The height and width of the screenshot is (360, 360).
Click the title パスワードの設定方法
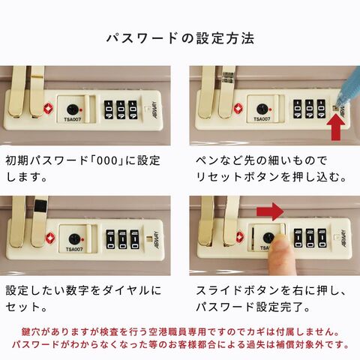coord(180,38)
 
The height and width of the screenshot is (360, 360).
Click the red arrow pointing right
coord(270,211)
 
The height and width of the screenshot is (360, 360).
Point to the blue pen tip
coord(337,105)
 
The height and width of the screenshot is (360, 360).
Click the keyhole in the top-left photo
coord(73,109)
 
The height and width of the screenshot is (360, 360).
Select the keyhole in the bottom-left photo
coord(74,239)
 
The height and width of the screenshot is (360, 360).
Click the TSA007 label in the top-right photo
coord(262,119)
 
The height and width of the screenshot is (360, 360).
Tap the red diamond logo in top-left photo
coord(49,109)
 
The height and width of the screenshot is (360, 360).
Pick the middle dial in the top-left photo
coord(121,109)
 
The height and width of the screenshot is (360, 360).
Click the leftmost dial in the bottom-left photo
coord(110,239)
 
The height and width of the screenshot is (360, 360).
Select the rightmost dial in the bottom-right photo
coord(322,238)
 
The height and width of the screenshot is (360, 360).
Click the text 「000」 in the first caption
coord(108,160)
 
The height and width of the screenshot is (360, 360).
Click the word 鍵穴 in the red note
coord(31,331)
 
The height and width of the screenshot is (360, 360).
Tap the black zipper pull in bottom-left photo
coord(41,206)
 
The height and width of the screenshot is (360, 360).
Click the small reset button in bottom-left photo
coord(150,238)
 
